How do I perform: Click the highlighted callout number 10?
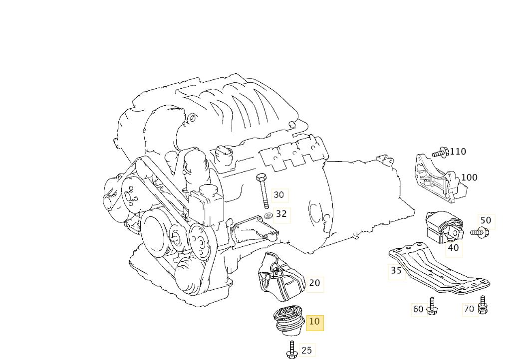click(314, 322)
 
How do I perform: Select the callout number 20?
click(314, 284)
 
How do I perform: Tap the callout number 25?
click(307, 351)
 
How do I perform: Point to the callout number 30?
click(279, 195)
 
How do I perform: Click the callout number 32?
click(281, 214)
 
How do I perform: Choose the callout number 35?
click(396, 271)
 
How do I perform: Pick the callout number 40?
click(453, 248)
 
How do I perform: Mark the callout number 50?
click(486, 221)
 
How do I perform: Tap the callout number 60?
click(418, 310)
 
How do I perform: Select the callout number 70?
click(469, 310)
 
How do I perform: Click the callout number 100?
click(469, 178)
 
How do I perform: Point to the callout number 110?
click(458, 152)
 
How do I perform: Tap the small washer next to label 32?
click(268, 215)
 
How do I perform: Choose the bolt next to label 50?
click(480, 231)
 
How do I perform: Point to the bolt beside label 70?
click(483, 305)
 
